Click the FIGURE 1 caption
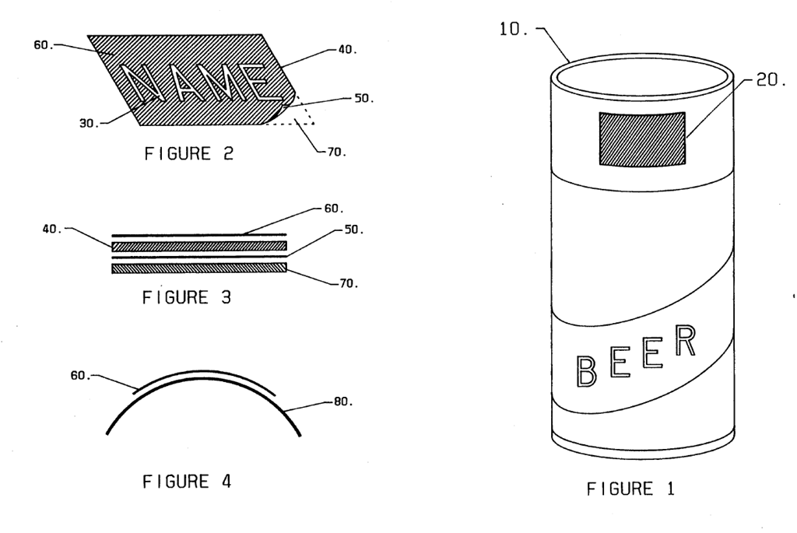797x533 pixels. pyautogui.click(x=630, y=489)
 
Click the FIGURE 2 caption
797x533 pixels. pyautogui.click(x=188, y=153)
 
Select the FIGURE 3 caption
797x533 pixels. pyautogui.click(x=187, y=297)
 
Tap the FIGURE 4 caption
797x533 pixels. pyautogui.click(x=187, y=481)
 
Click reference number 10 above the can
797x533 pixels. pyautogui.click(x=513, y=29)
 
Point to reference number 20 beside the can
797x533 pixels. pyautogui.click(x=771, y=80)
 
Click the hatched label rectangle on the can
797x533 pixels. pyautogui.click(x=642, y=139)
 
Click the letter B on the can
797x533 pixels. pyautogui.click(x=586, y=371)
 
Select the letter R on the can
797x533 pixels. pyautogui.click(x=685, y=341)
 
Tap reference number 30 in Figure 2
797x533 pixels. pyautogui.click(x=89, y=123)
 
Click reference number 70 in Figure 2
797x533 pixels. pyautogui.click(x=336, y=152)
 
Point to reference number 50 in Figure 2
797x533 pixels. pyautogui.click(x=363, y=98)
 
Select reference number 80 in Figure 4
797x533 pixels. pyautogui.click(x=342, y=402)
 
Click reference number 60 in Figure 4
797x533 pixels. pyautogui.click(x=80, y=376)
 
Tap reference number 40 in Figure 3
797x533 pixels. pyautogui.click(x=52, y=230)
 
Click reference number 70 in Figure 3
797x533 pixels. pyautogui.click(x=348, y=283)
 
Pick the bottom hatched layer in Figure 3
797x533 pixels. pyautogui.click(x=199, y=268)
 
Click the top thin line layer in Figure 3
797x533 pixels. pyautogui.click(x=199, y=235)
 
